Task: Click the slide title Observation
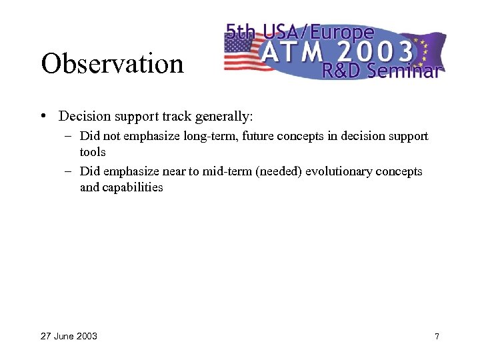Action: [x=111, y=64]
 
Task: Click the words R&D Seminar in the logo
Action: [x=380, y=70]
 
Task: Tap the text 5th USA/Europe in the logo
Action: [x=299, y=31]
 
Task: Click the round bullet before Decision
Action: [x=43, y=116]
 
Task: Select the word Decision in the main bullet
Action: [x=84, y=117]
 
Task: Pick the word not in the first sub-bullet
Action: [x=110, y=136]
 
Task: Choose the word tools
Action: [x=93, y=152]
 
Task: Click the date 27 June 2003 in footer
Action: [x=69, y=336]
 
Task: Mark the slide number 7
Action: [x=437, y=336]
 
